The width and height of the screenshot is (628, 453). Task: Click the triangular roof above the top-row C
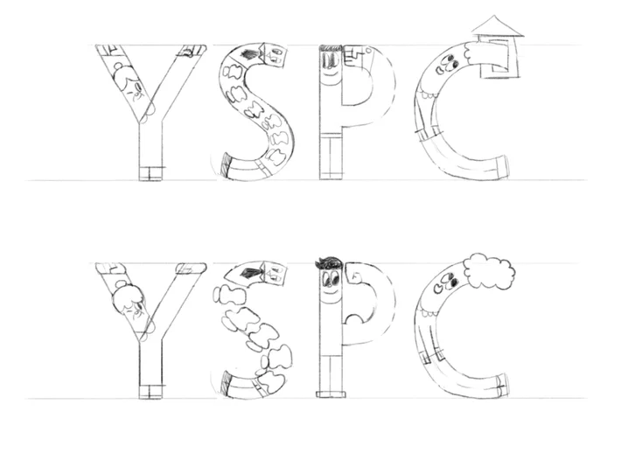coord(498,26)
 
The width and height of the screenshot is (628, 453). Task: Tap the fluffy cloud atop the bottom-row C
coord(490,271)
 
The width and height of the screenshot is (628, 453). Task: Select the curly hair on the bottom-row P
coord(329,263)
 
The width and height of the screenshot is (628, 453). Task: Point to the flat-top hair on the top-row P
coord(331,48)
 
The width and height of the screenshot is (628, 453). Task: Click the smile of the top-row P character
coord(330,73)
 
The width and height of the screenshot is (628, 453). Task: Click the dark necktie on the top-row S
coord(250,54)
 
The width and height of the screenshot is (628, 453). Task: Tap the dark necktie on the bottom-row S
coord(250,273)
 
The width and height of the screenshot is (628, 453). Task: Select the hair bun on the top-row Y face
coord(119,66)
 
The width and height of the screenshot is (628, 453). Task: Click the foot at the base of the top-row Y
coord(151,173)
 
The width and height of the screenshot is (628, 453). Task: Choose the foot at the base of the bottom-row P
coord(331,394)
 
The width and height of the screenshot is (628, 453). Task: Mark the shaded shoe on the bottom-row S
coord(227,384)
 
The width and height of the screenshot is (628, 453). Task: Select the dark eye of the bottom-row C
coord(454,283)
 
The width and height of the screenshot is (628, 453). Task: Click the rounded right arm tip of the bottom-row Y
coord(192,268)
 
